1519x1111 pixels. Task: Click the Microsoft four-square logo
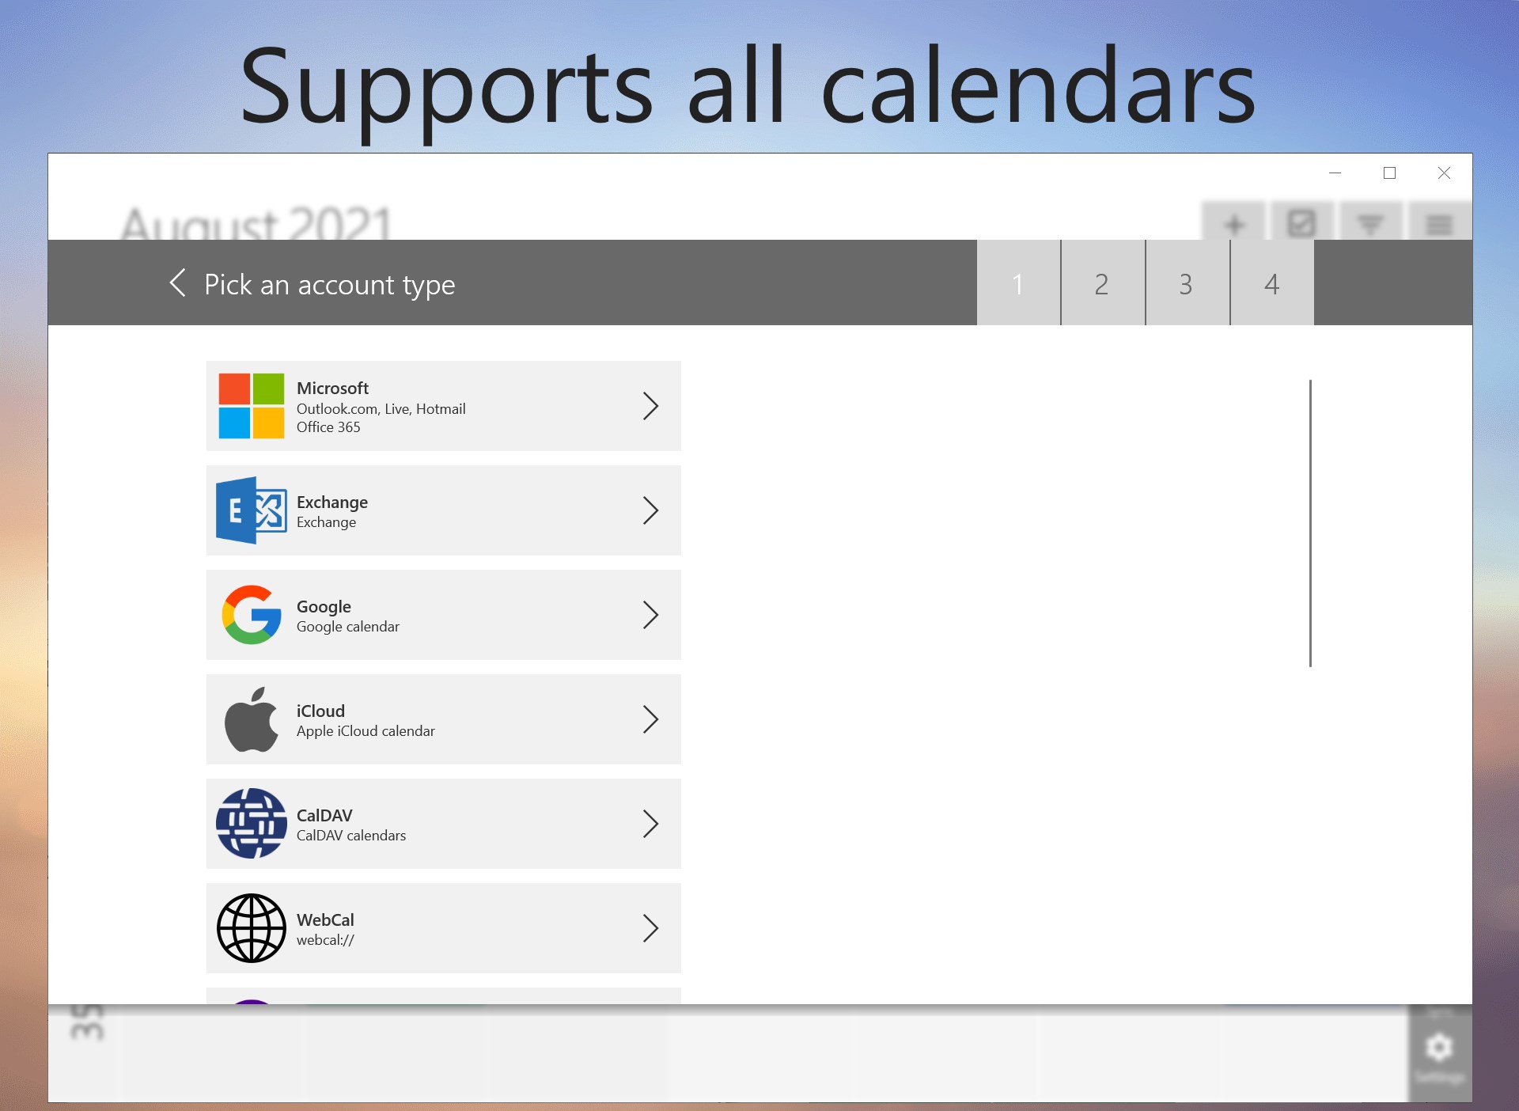click(x=251, y=406)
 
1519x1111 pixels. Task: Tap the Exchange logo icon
click(x=251, y=510)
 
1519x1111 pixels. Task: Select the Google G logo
click(x=252, y=615)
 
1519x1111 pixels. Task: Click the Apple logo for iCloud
click(x=252, y=719)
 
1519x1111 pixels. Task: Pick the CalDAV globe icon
click(x=252, y=824)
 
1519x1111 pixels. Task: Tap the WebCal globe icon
click(x=252, y=928)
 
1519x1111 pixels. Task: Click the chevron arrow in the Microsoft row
click(x=650, y=406)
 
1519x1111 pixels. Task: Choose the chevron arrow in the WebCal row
click(x=650, y=928)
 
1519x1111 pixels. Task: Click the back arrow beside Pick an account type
click(x=178, y=282)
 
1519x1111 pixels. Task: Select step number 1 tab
click(x=1018, y=283)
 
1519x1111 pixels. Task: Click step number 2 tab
click(x=1102, y=283)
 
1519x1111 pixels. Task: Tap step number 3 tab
click(x=1186, y=283)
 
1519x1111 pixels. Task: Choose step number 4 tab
click(x=1271, y=283)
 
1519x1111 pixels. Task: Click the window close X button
click(x=1444, y=173)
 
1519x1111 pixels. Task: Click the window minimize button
click(x=1335, y=173)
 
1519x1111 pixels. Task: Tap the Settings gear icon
click(x=1439, y=1047)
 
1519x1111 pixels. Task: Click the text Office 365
click(x=328, y=427)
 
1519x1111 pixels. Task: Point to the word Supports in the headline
click(x=446, y=89)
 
